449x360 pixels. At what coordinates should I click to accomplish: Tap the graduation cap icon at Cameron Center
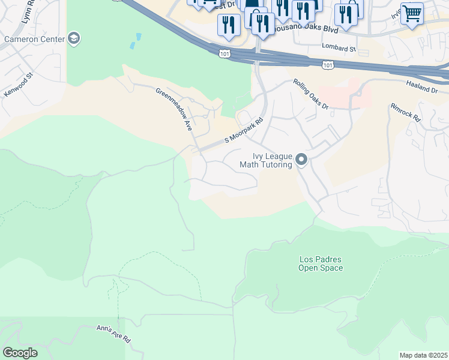click(x=74, y=39)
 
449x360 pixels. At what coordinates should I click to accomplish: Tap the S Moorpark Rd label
click(x=244, y=130)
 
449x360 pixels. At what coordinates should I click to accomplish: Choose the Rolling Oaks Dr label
click(x=311, y=94)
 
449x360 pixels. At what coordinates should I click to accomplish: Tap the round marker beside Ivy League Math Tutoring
click(x=301, y=160)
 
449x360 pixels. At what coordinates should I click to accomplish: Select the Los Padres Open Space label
click(x=321, y=263)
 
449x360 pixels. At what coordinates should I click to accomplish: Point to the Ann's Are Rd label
click(x=113, y=334)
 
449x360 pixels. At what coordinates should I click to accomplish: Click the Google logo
click(x=20, y=353)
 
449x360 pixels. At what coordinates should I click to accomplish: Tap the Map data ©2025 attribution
click(x=423, y=355)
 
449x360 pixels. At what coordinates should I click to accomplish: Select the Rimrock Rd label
click(x=407, y=114)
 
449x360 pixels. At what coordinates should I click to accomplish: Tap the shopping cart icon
click(x=412, y=13)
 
